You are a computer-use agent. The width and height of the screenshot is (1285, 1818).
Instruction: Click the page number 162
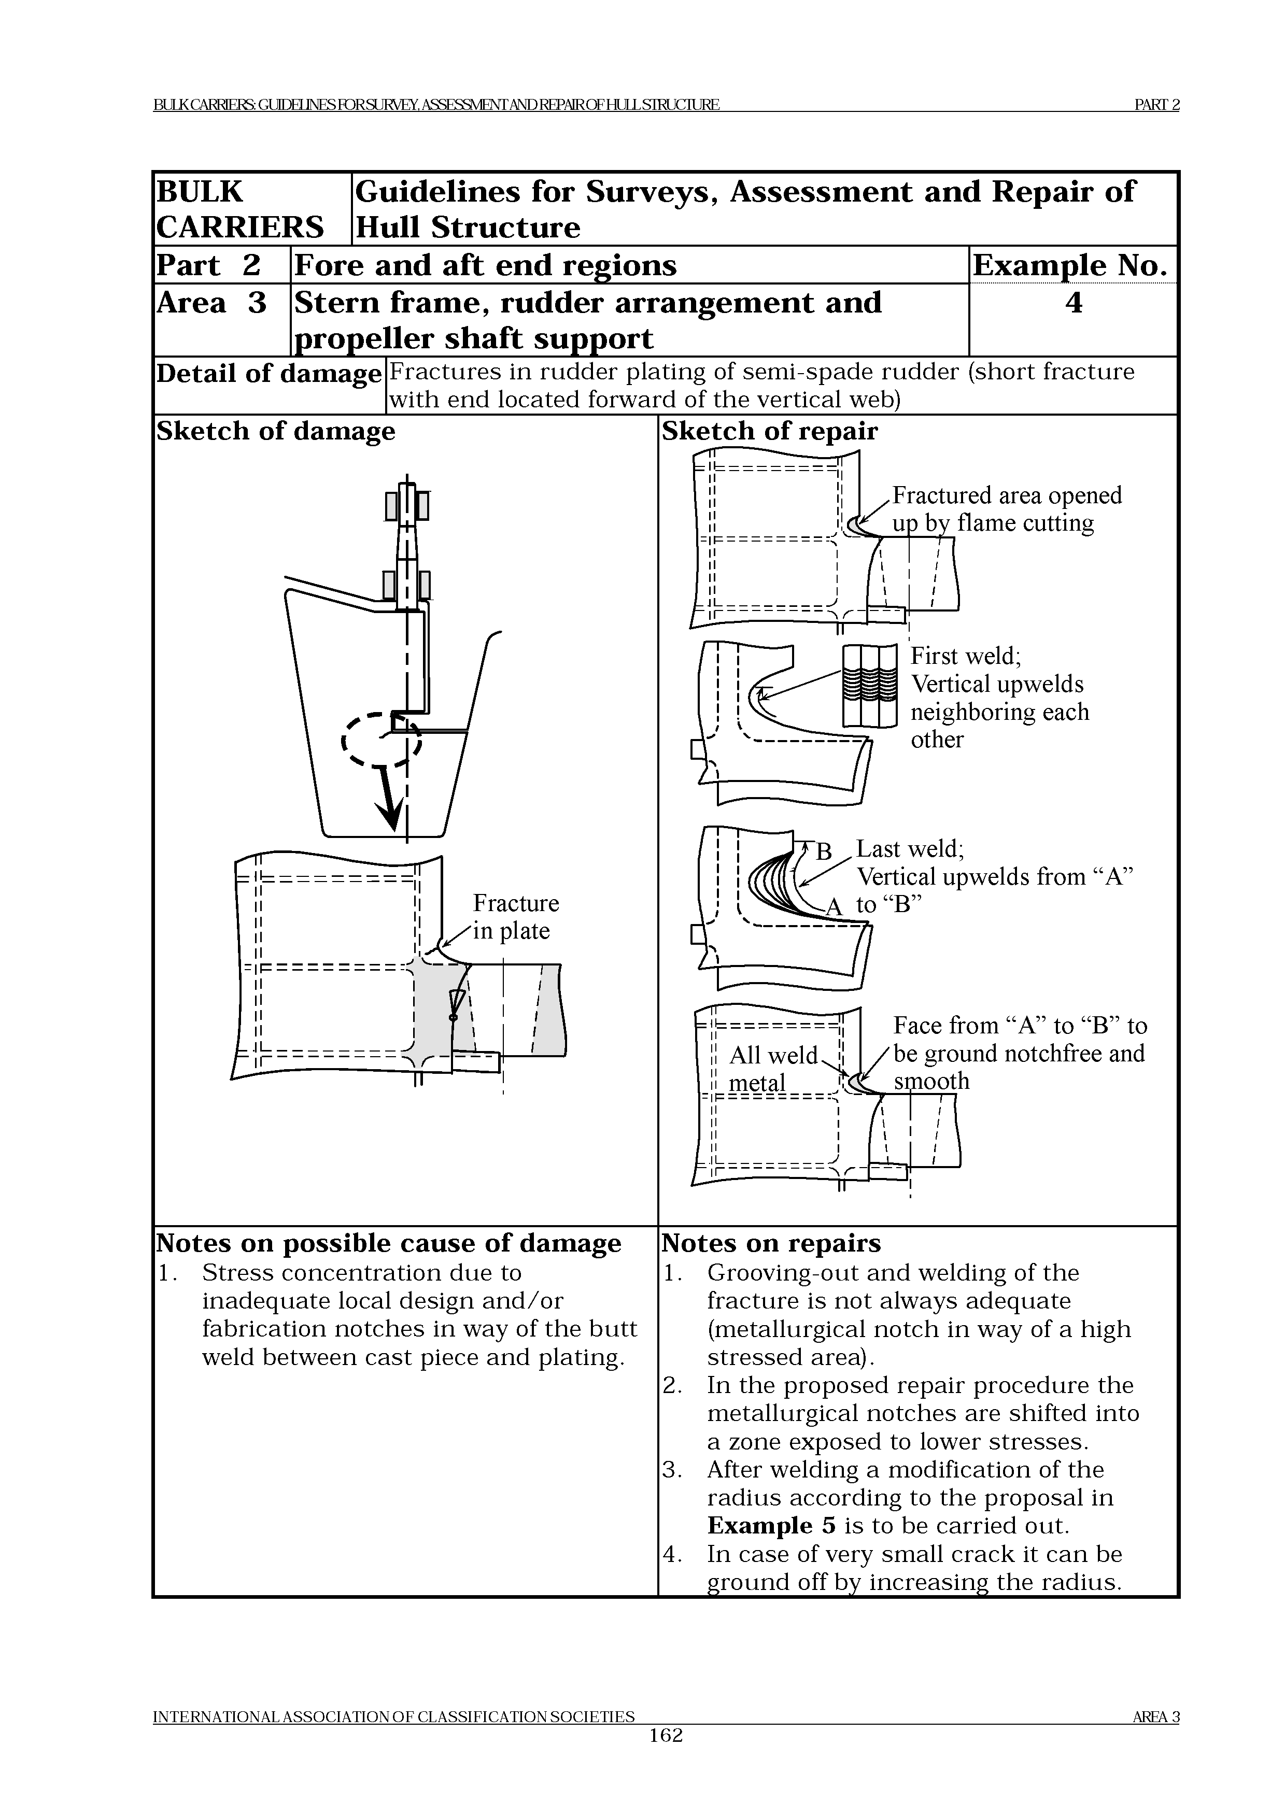[x=665, y=1758]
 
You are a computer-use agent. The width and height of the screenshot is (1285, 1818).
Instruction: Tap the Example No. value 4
[x=1074, y=303]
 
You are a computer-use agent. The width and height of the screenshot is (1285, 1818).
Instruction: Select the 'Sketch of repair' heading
[x=770, y=432]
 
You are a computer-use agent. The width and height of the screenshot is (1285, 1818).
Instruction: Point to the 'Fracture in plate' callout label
[x=515, y=917]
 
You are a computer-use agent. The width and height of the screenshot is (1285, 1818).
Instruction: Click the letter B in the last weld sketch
[x=824, y=852]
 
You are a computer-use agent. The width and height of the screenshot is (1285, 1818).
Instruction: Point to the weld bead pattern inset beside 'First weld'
[x=869, y=686]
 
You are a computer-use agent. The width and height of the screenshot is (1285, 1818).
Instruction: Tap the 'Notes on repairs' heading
[x=771, y=1243]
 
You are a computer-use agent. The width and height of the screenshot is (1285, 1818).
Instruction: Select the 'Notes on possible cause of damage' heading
[x=389, y=1243]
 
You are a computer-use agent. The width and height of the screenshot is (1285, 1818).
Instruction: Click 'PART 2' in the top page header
[x=1157, y=105]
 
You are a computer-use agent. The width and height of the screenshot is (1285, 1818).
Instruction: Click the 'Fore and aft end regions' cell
[x=485, y=265]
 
